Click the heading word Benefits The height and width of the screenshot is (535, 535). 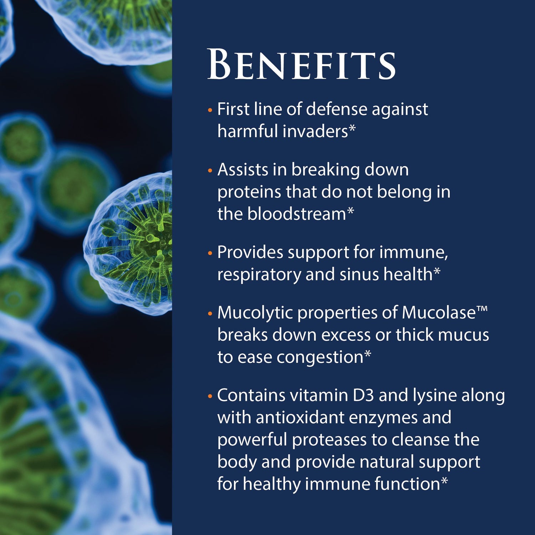[301, 65]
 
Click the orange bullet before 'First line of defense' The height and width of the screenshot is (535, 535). [210, 110]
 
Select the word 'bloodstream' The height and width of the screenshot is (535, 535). [296, 214]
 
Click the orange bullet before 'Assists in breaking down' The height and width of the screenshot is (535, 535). [210, 170]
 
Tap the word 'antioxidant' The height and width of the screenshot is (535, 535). [300, 417]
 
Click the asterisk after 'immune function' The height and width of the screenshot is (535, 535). [444, 481]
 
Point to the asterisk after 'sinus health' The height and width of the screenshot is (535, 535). [437, 272]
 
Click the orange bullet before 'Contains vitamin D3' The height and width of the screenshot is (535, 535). [210, 396]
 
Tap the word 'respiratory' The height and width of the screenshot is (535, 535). [259, 275]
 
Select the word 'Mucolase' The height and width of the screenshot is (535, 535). [439, 313]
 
